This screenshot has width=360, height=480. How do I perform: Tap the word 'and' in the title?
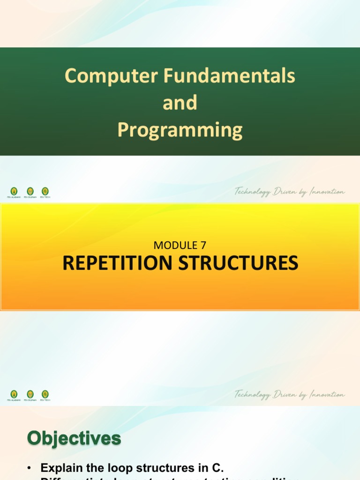click(x=180, y=103)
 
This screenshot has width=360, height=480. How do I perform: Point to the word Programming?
click(x=180, y=130)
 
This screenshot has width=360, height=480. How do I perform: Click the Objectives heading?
click(x=74, y=439)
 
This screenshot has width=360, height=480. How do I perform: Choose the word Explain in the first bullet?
click(x=58, y=468)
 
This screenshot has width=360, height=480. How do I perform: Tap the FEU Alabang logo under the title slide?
click(x=14, y=192)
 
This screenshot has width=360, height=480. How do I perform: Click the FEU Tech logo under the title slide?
click(x=45, y=192)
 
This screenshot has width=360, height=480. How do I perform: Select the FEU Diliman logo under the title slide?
click(x=30, y=192)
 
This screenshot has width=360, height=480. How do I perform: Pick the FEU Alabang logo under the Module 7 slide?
click(x=14, y=395)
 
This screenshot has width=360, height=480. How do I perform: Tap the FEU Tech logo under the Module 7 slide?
click(x=45, y=395)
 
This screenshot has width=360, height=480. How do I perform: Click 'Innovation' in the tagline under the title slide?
click(x=326, y=192)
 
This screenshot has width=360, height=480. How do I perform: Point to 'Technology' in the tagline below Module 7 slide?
click(x=253, y=395)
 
